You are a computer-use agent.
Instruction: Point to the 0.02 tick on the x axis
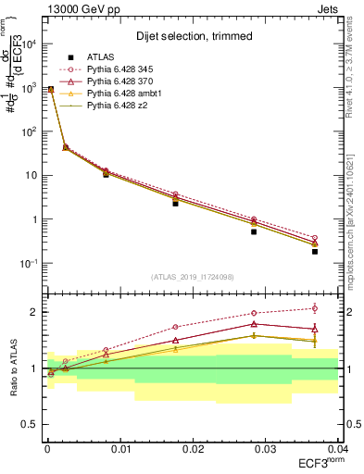click(193, 448)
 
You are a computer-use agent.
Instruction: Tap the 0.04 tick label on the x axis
click(336, 448)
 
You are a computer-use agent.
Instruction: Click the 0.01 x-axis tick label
click(120, 448)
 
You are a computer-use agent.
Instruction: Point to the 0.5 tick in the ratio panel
click(33, 424)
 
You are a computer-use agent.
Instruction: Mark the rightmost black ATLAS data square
click(315, 251)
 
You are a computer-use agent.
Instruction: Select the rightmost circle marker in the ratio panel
click(315, 308)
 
